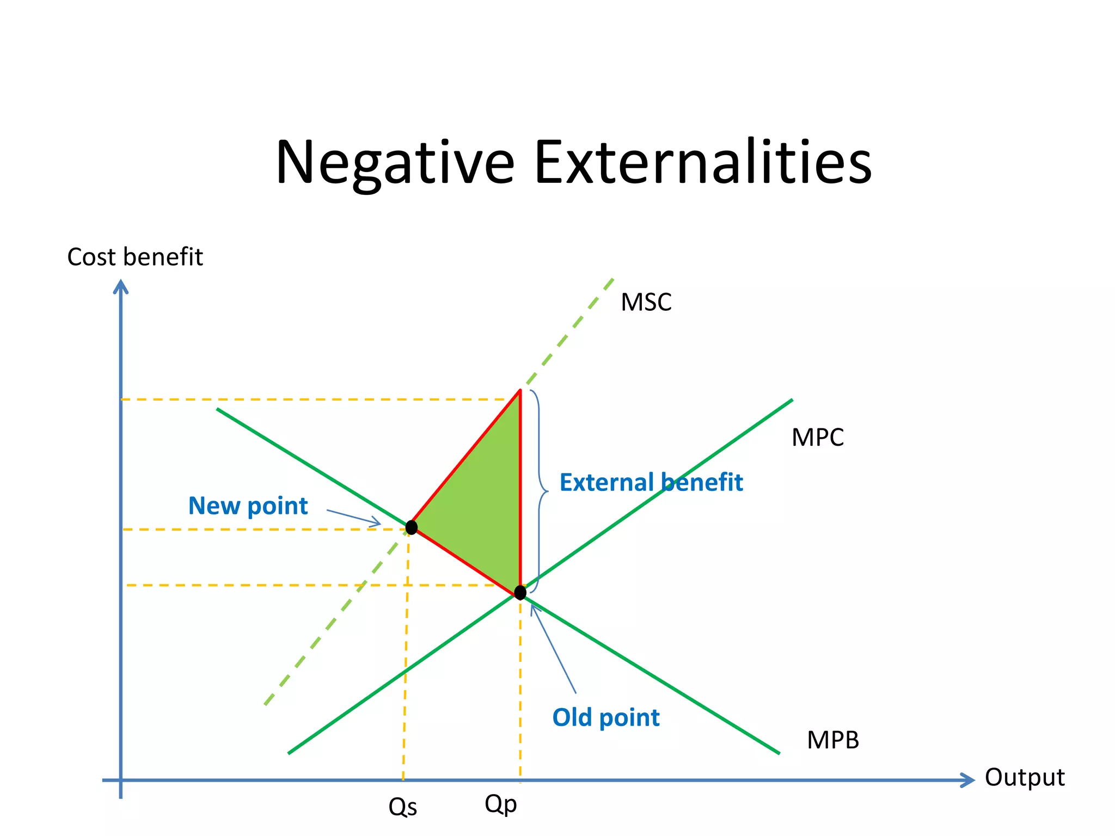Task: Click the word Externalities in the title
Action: tap(703, 162)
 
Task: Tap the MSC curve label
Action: tap(646, 302)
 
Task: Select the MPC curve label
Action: tap(817, 438)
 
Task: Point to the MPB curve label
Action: tap(832, 740)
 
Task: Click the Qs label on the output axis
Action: tap(402, 807)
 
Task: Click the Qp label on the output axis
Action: tap(500, 804)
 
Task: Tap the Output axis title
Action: tap(1024, 777)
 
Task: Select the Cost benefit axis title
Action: tap(134, 257)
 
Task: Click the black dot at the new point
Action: tap(412, 527)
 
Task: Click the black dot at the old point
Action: tap(520, 592)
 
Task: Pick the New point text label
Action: tap(248, 506)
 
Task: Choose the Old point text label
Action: tap(605, 717)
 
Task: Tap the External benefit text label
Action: tap(651, 482)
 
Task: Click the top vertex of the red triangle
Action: tap(520, 391)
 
